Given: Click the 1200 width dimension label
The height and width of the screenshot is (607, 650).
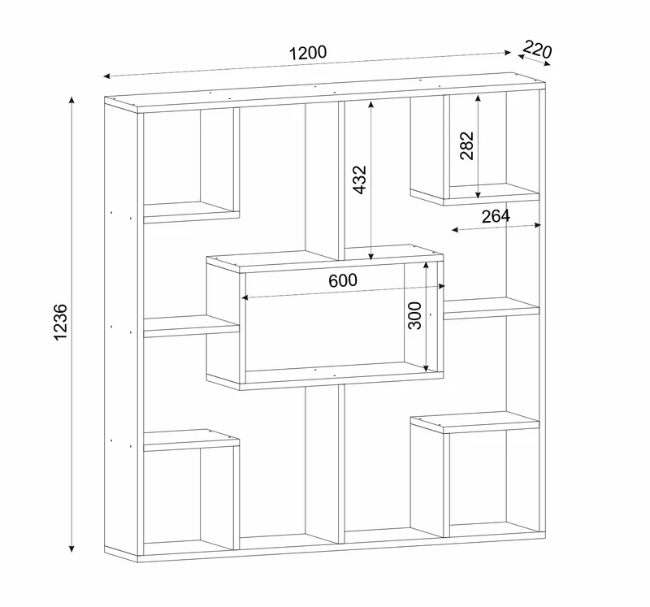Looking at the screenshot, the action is tap(308, 53).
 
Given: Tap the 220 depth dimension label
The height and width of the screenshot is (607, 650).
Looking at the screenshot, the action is tap(537, 50).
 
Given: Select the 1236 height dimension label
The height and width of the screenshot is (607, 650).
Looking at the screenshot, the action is tap(60, 322).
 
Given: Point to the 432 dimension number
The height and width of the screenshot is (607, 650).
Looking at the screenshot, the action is tap(360, 180).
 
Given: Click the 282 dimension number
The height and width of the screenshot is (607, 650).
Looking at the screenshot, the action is tap(466, 145).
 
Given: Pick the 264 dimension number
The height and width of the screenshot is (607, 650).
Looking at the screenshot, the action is tap(496, 216).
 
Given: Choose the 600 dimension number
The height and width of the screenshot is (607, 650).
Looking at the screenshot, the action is tap(343, 280).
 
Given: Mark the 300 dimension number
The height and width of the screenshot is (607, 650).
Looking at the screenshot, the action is tap(414, 315).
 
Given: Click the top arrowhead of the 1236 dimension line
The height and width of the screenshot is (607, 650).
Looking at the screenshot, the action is tap(71, 100).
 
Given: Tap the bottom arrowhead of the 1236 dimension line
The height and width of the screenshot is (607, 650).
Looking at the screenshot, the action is tap(71, 548).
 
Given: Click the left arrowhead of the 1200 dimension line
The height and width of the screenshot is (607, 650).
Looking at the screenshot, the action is tap(106, 76).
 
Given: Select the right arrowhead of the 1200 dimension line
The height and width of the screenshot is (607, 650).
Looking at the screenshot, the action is tap(508, 52).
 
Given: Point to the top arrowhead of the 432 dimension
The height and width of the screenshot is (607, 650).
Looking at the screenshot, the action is tap(371, 104).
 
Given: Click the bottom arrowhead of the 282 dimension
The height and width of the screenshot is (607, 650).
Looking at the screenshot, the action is tap(478, 194).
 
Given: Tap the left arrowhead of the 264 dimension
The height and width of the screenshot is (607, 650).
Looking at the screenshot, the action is tap(455, 229).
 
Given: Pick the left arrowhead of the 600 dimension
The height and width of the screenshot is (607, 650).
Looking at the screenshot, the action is tap(245, 297).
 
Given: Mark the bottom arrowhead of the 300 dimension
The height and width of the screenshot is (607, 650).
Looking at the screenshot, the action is tap(426, 367).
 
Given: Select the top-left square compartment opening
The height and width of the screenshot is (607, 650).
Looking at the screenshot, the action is tap(172, 157).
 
